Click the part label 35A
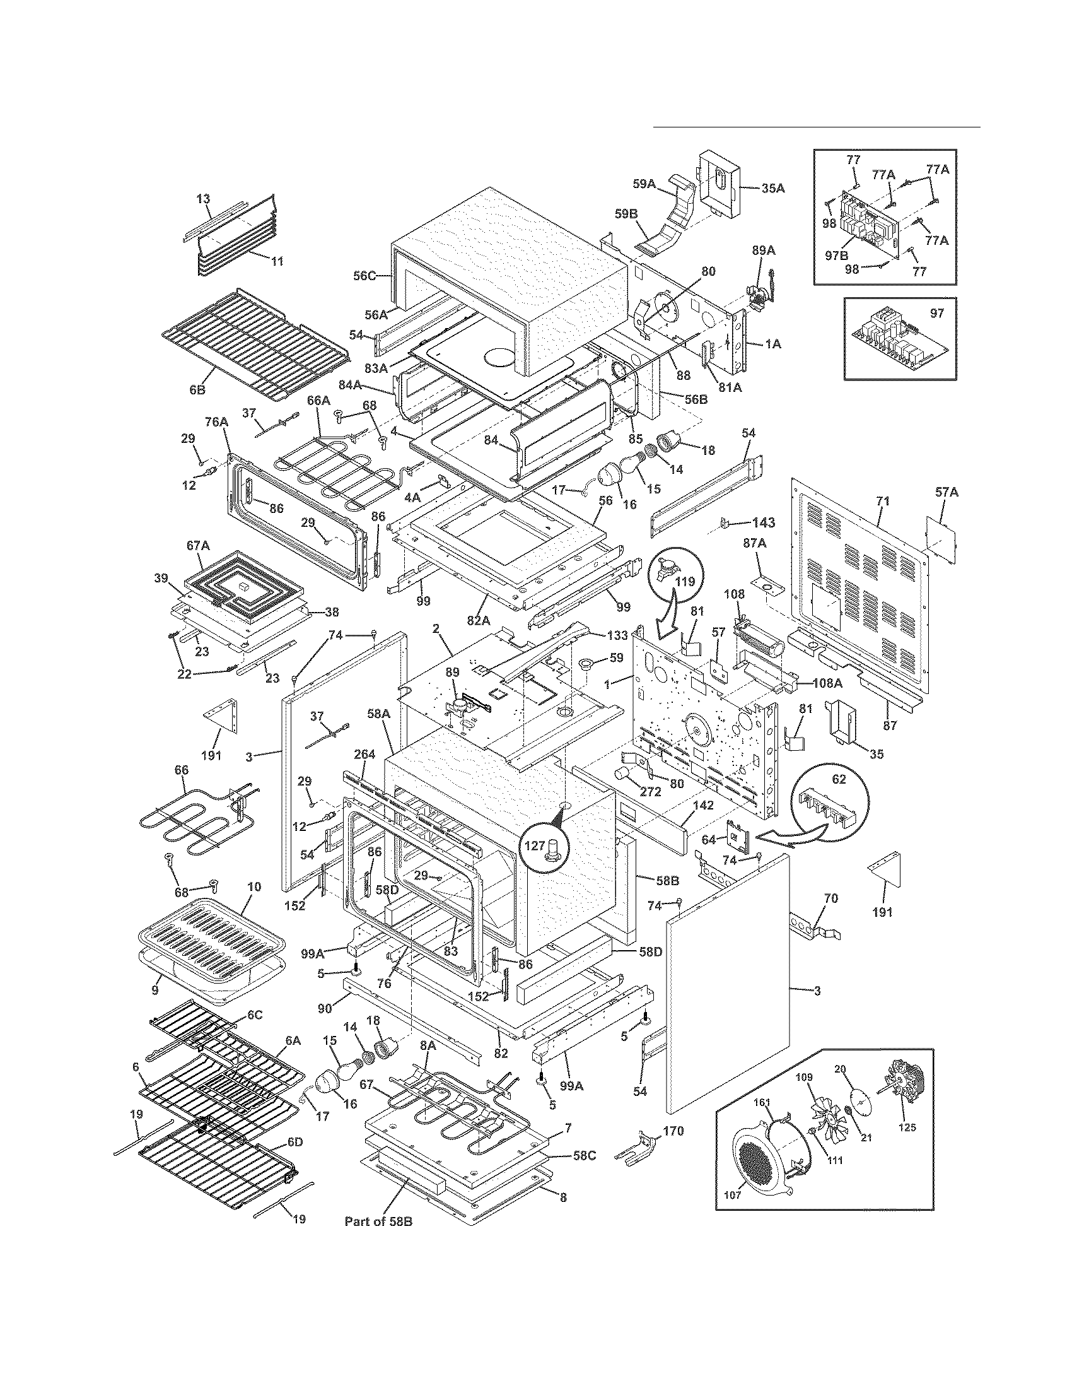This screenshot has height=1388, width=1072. (x=772, y=189)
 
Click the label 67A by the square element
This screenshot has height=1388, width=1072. (x=197, y=544)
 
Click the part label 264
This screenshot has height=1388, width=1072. (x=364, y=755)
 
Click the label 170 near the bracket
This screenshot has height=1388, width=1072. (x=673, y=1131)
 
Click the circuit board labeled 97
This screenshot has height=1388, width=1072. (x=899, y=340)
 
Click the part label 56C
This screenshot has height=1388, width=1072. (x=365, y=275)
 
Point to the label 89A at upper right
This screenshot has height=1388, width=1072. (x=764, y=251)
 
